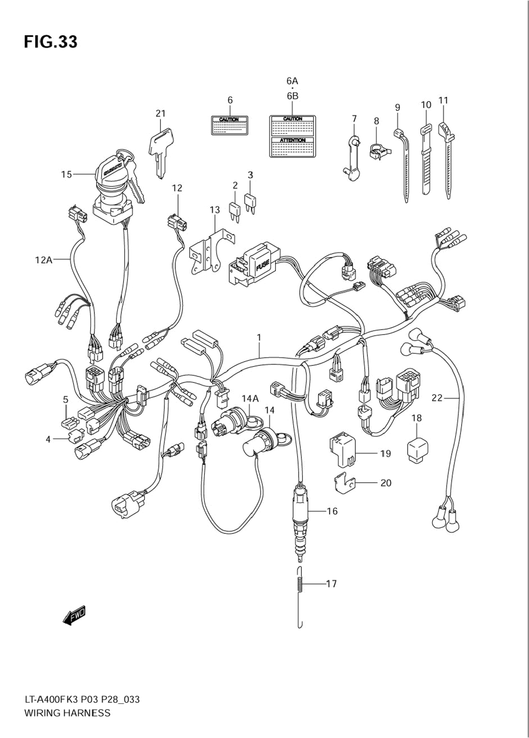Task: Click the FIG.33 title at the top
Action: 50,41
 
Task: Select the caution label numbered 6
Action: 229,125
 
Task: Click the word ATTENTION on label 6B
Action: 293,140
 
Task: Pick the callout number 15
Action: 66,175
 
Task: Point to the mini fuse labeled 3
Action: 250,203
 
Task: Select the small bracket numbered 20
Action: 342,482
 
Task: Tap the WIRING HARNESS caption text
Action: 67,713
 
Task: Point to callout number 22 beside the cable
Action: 437,398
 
